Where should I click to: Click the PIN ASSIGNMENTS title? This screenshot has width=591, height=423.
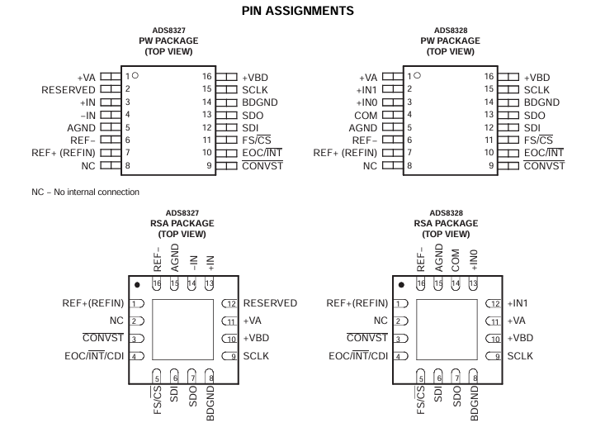click(298, 11)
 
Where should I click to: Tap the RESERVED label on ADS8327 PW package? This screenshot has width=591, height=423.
click(69, 90)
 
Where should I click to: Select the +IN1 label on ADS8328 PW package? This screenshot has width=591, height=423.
click(366, 90)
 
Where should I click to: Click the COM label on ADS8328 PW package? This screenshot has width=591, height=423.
click(366, 116)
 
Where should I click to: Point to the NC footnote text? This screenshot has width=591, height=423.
click(86, 192)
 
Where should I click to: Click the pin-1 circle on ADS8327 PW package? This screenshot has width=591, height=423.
click(135, 75)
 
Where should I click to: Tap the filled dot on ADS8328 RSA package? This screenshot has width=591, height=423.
click(401, 285)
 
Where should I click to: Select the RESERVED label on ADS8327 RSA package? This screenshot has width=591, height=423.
click(270, 303)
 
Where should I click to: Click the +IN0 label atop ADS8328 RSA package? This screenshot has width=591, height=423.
click(474, 260)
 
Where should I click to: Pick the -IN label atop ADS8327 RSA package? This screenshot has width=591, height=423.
click(192, 263)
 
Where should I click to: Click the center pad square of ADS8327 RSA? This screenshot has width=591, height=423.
click(182, 330)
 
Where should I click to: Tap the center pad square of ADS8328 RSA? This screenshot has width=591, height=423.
click(447, 330)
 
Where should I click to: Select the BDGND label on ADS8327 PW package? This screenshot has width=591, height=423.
click(260, 102)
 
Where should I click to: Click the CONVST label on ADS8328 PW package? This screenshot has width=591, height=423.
click(544, 166)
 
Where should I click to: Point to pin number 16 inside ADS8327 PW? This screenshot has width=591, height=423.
click(207, 77)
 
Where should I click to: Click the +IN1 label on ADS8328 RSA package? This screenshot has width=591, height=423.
click(518, 303)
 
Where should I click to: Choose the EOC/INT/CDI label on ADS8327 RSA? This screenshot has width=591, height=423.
click(94, 356)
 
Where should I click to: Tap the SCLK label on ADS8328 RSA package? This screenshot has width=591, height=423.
click(520, 356)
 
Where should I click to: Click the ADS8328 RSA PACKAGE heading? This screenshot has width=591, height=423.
click(447, 223)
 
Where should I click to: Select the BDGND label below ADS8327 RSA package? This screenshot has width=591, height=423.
click(210, 403)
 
